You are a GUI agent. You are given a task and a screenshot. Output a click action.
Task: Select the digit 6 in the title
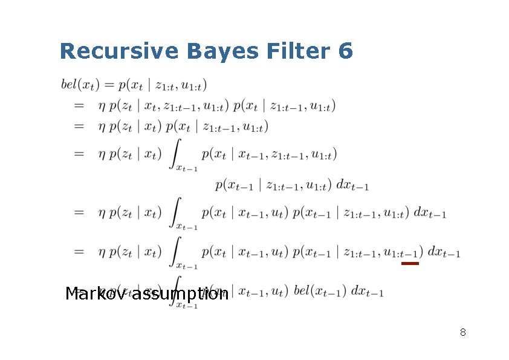[x=346, y=51]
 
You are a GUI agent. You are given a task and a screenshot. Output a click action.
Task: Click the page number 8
[x=462, y=332]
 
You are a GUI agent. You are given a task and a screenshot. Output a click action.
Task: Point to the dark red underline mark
[x=410, y=263]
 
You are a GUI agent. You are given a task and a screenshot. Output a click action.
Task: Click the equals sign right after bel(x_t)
[x=105, y=85]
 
